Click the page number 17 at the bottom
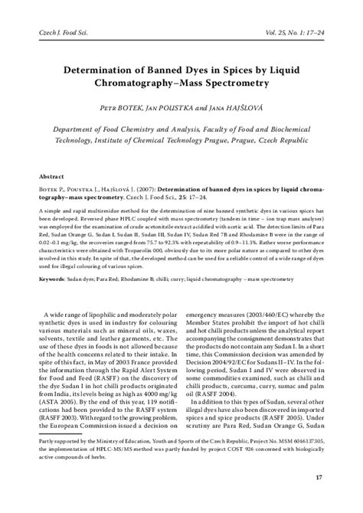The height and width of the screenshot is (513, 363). point(319,498)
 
